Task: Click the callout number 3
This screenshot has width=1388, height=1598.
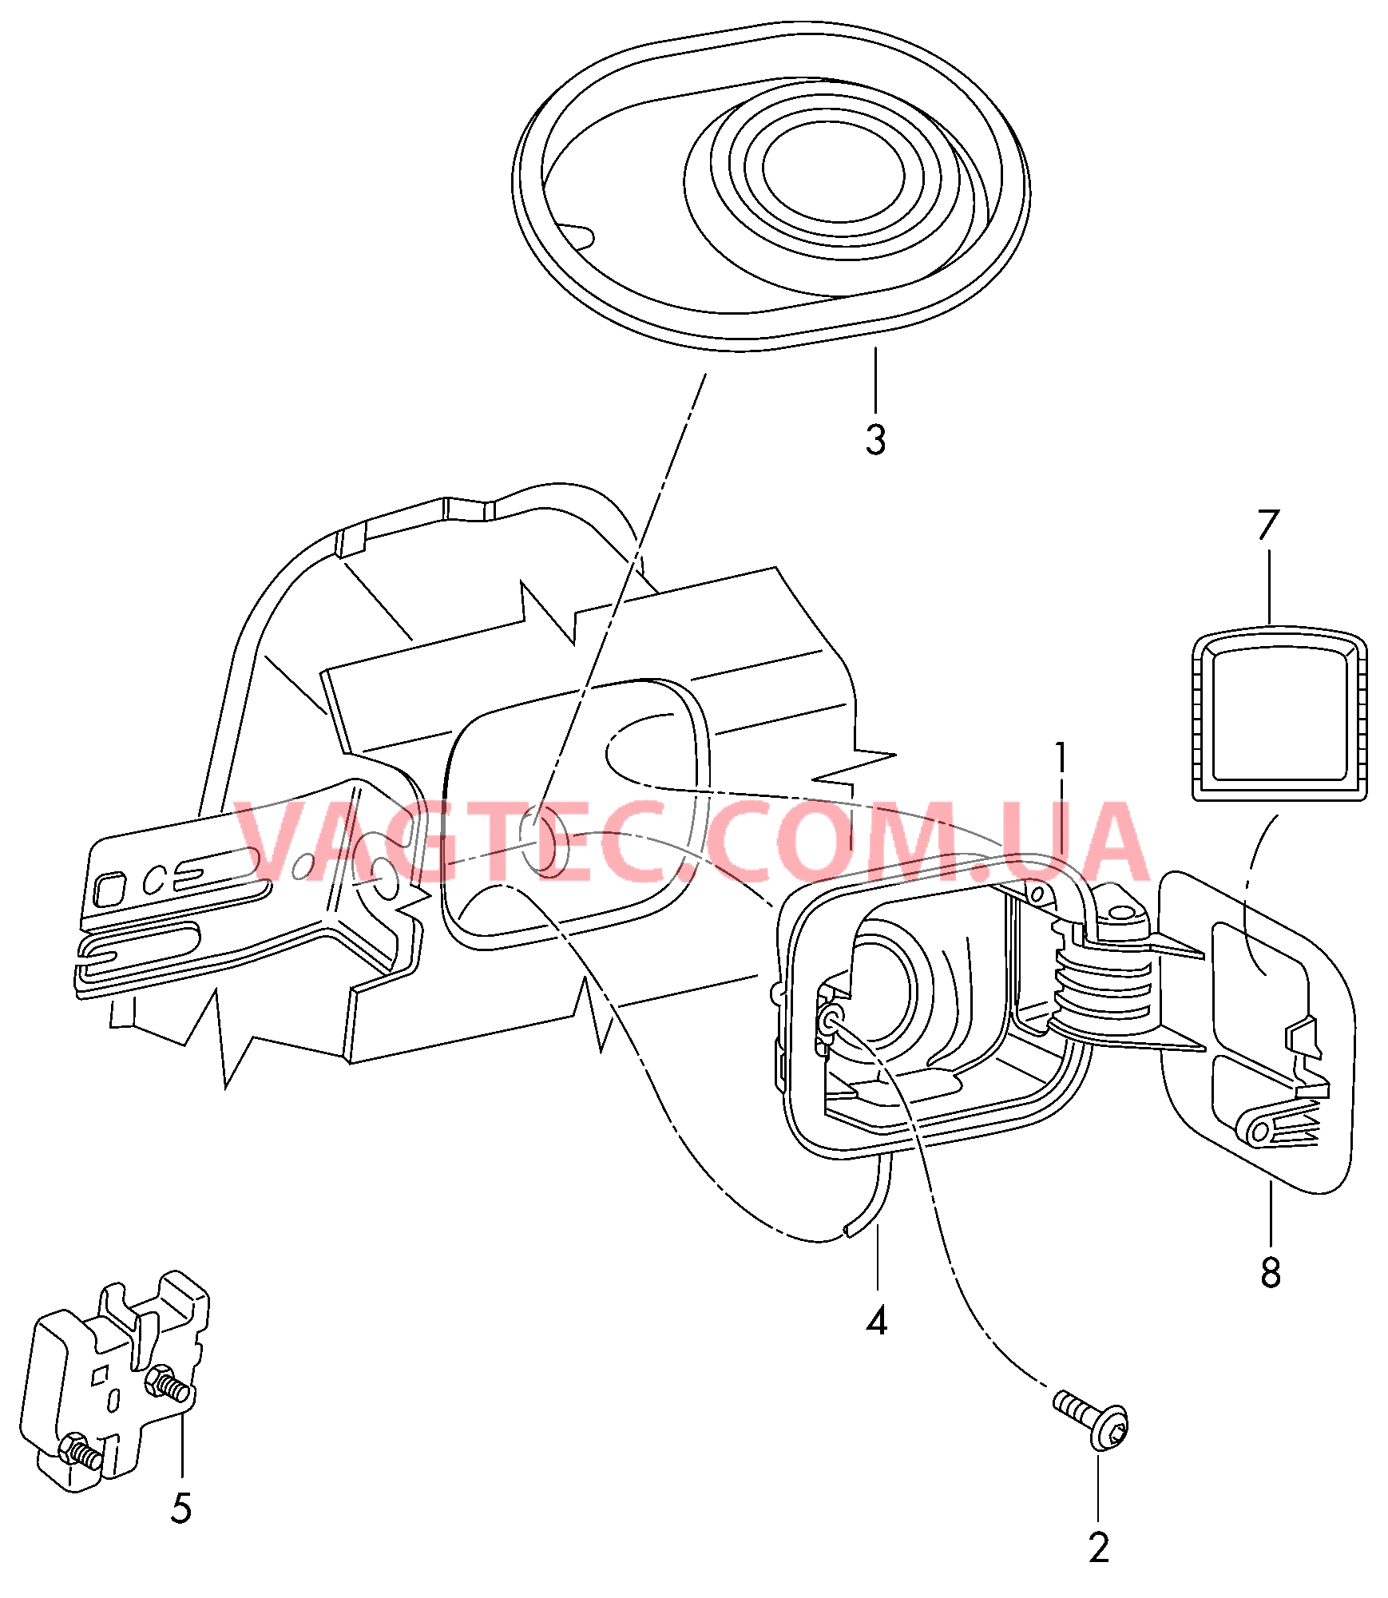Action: click(876, 440)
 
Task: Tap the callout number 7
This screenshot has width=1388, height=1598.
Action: click(1268, 525)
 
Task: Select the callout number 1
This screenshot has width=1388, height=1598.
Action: click(1061, 758)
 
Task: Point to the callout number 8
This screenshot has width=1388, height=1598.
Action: click(1271, 1272)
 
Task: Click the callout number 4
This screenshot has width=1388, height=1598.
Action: click(877, 1321)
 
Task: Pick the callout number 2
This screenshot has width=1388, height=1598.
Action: click(1099, 1548)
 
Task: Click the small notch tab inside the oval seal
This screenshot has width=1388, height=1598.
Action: click(577, 236)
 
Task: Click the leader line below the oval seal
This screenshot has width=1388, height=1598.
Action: click(875, 379)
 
